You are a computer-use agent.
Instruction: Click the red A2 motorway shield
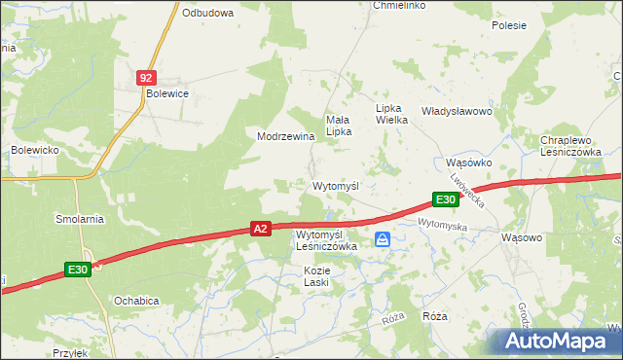[260, 229]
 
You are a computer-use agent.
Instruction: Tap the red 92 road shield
[146, 76]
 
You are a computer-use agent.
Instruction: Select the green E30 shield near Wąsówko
[446, 199]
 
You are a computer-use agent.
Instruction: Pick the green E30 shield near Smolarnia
[79, 270]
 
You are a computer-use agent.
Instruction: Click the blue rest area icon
[384, 238]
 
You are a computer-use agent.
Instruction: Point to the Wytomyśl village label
[336, 185]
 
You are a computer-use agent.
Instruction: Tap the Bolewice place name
[166, 93]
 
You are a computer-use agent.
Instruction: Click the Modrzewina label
[285, 136]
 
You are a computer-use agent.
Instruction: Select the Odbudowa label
[208, 13]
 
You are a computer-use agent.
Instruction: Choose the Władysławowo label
[457, 111]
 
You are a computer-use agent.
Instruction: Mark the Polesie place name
[509, 25]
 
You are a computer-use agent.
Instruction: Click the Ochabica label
[136, 301]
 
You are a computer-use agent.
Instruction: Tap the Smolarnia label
[80, 219]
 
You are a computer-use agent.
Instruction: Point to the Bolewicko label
[37, 150]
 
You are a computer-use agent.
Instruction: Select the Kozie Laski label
[316, 275]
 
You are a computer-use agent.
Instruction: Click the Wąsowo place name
[521, 236]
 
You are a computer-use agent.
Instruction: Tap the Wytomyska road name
[443, 225]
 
